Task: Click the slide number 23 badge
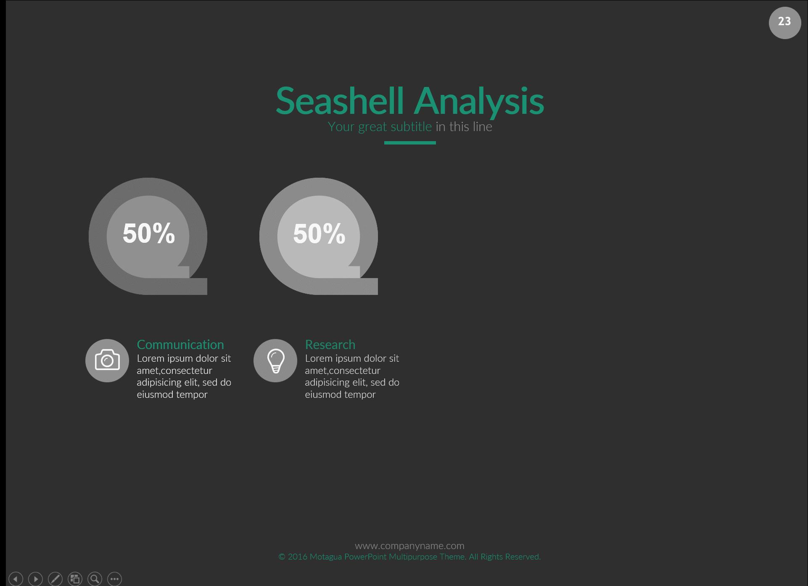click(784, 23)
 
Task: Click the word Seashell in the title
click(340, 100)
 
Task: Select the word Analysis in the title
click(479, 100)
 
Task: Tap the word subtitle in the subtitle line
click(411, 126)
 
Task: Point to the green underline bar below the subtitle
click(410, 143)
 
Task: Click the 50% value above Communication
click(148, 233)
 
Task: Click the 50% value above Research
click(319, 233)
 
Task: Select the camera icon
click(107, 360)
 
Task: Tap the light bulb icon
click(275, 360)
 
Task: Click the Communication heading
click(180, 344)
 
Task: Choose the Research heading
click(330, 344)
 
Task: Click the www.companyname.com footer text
click(409, 546)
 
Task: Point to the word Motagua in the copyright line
click(325, 557)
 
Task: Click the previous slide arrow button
click(16, 579)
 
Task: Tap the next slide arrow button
click(35, 579)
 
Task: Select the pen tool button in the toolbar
click(55, 579)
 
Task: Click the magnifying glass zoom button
click(95, 579)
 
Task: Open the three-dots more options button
click(114, 579)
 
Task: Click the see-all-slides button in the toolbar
click(75, 579)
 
